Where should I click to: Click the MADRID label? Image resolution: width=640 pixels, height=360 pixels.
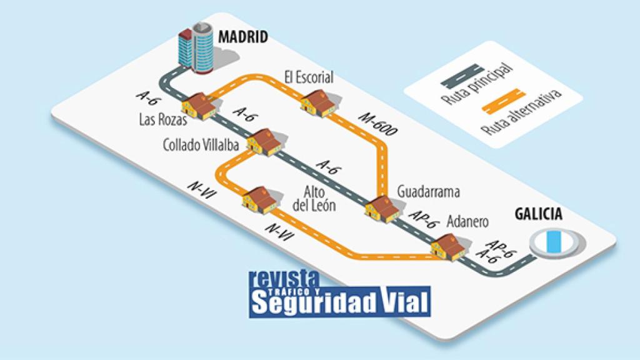[243, 37]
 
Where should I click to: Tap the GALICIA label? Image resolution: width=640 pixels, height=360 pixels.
[538, 214]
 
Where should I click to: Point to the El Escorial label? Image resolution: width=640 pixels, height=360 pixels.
[309, 77]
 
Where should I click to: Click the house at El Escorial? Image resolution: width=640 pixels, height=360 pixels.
[320, 102]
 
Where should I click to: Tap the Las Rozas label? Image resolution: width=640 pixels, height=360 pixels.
[159, 119]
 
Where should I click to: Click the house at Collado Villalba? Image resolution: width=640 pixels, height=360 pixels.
[264, 142]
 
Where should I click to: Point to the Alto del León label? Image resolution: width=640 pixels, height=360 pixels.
[314, 198]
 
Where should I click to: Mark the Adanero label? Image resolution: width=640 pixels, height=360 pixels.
[468, 222]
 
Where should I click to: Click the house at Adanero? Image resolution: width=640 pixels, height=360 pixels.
[449, 246]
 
